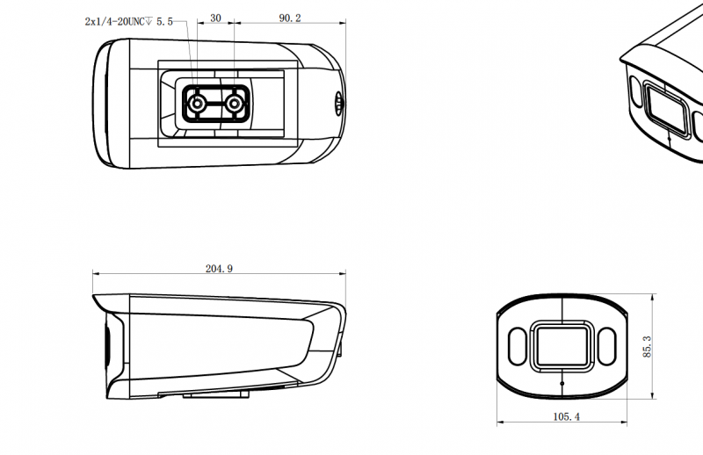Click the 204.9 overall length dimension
click(x=218, y=269)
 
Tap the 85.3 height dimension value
click(x=648, y=346)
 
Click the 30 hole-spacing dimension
click(x=215, y=18)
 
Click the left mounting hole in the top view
click(x=199, y=104)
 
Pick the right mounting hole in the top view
click(x=234, y=104)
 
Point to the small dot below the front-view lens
click(x=562, y=384)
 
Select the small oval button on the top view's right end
click(x=338, y=102)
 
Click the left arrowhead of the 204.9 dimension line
click(x=96, y=276)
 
